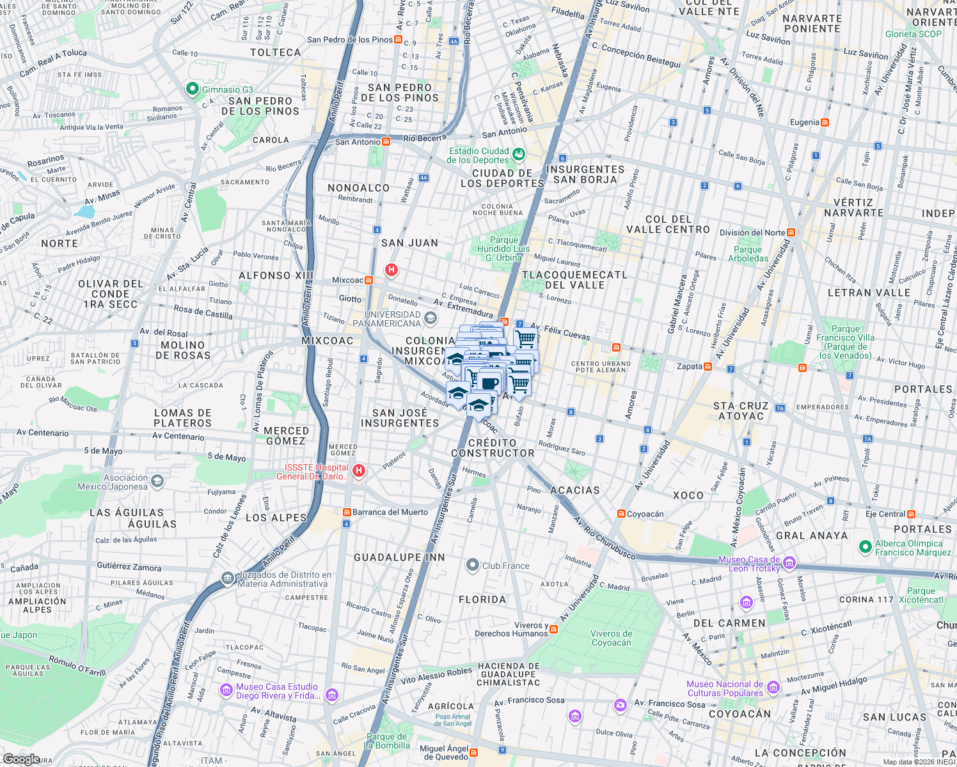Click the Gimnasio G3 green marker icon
tap(192, 89)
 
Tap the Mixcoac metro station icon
tap(369, 280)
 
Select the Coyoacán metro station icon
tap(621, 514)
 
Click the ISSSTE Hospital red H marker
tap(359, 472)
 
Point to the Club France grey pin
tap(472, 565)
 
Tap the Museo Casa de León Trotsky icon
tap(789, 563)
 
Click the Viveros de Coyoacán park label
tap(611, 638)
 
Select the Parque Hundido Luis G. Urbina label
tap(503, 249)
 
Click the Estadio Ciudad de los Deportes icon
tap(518, 155)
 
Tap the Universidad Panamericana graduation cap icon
tap(431, 318)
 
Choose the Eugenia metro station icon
tap(825, 122)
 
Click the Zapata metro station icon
tap(708, 367)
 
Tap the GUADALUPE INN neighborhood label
tap(399, 557)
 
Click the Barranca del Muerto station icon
tap(347, 512)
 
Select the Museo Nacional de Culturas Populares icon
tap(773, 688)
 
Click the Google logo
tap(21, 759)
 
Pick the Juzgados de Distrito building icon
tap(227, 578)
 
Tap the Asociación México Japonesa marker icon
tap(157, 481)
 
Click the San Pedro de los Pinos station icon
tap(399, 40)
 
